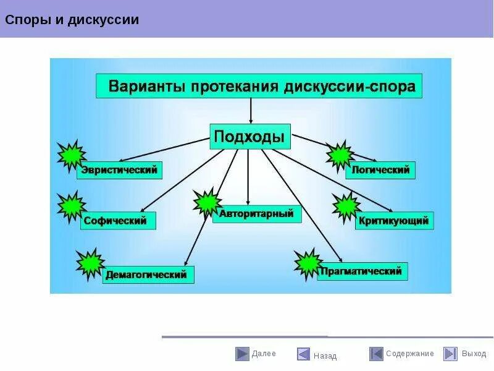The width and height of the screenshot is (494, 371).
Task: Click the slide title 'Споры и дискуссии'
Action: [72, 20]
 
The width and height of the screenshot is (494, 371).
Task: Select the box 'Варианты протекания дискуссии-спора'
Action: [259, 85]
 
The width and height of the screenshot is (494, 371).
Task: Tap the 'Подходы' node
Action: [250, 135]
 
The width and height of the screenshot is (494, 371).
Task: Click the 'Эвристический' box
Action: [120, 169]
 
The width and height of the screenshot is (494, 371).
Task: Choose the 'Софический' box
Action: [118, 220]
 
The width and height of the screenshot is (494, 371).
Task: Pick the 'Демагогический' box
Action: [148, 275]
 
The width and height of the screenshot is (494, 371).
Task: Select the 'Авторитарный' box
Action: [257, 214]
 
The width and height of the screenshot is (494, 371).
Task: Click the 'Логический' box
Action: [380, 170]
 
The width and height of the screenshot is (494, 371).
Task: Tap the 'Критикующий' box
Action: [394, 220]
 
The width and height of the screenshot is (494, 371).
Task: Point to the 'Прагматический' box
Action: [362, 271]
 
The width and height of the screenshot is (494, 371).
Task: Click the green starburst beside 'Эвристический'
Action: [71, 155]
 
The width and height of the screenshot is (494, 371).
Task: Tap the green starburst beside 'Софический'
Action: [71, 207]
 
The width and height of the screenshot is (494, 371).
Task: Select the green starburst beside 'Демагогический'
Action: [90, 262]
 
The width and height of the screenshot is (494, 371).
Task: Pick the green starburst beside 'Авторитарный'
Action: [206, 202]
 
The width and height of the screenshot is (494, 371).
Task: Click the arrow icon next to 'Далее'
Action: [242, 354]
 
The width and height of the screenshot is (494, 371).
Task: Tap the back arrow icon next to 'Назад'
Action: [303, 354]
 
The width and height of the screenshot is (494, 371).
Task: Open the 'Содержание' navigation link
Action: [410, 354]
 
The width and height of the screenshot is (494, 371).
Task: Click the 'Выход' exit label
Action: [474, 354]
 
